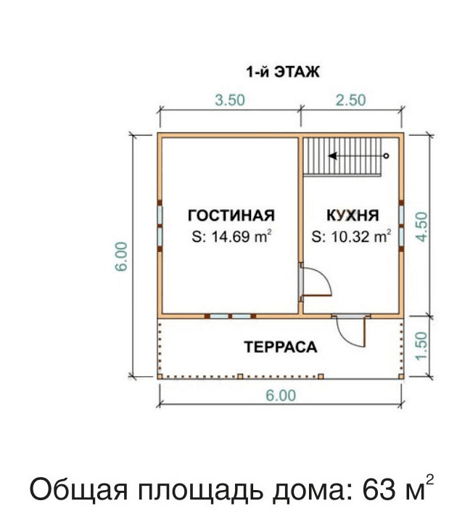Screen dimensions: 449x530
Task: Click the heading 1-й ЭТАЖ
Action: tap(283, 72)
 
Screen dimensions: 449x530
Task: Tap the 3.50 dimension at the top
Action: tap(230, 100)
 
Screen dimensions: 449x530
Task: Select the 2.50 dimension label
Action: tap(351, 100)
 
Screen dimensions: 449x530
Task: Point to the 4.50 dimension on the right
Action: tap(421, 227)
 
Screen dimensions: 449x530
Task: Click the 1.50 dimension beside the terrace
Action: tap(421, 346)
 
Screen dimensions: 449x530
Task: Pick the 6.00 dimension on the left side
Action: tap(122, 256)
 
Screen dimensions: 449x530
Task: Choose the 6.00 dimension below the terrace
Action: tap(281, 395)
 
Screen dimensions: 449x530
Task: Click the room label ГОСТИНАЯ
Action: tap(231, 216)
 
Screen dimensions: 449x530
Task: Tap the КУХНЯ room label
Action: tap(353, 216)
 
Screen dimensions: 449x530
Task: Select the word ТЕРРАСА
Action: tap(281, 347)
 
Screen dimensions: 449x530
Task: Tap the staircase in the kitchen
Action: tap(342, 157)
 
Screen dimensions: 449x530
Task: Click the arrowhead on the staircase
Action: tap(332, 156)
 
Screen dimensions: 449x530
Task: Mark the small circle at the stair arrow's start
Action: tap(386, 156)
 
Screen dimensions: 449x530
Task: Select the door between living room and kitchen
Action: tap(315, 282)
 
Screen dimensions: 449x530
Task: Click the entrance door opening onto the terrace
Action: tap(351, 330)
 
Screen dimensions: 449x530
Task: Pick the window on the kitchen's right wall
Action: tap(401, 226)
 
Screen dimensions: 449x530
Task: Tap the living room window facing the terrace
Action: tap(230, 317)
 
